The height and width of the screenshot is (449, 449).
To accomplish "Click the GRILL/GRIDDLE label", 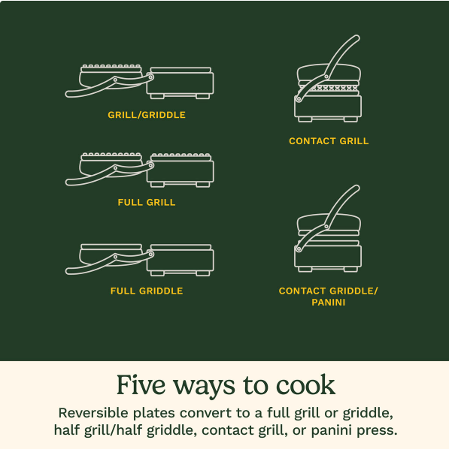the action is [x=147, y=115].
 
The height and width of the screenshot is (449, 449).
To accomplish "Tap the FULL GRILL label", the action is [x=147, y=203].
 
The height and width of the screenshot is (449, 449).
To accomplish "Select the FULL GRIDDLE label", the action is [x=147, y=291].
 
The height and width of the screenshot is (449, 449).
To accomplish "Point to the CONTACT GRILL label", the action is [x=329, y=141].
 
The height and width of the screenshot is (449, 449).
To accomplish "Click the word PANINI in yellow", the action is [x=329, y=302].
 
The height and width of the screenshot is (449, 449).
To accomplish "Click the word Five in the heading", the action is [x=141, y=385].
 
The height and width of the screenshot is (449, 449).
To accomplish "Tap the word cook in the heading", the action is [x=305, y=385].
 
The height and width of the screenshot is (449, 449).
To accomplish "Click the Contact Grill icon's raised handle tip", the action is [x=357, y=38].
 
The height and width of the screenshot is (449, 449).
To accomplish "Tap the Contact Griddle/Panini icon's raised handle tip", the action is [x=357, y=188].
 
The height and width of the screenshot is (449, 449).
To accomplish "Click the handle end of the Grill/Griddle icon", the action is [x=69, y=94].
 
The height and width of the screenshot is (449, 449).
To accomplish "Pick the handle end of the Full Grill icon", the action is [x=69, y=182].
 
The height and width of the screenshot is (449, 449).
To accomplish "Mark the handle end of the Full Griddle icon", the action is [x=69, y=271].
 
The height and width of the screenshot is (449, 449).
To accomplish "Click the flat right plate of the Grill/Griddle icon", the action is [x=181, y=70].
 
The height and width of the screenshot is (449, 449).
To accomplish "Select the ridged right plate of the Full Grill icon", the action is [x=181, y=157].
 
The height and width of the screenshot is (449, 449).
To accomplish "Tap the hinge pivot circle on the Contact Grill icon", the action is [x=326, y=77].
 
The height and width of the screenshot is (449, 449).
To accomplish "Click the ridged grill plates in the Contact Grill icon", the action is [x=329, y=88].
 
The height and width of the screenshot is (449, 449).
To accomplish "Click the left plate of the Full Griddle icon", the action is [x=111, y=247].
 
